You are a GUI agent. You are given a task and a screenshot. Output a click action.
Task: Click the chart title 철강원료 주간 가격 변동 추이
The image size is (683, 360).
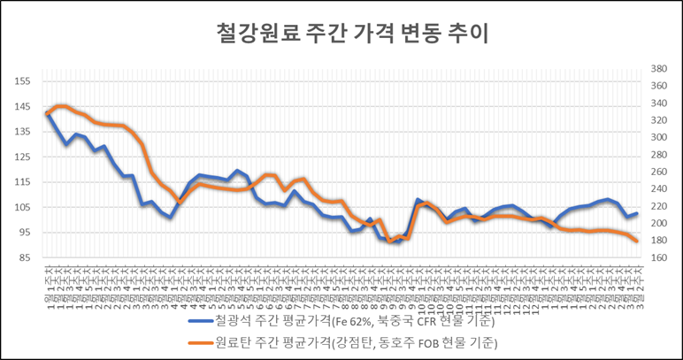(x=341, y=34)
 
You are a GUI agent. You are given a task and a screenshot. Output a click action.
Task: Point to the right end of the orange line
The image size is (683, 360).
(x=637, y=241)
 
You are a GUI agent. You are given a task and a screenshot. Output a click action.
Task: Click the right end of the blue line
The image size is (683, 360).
(x=637, y=213)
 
